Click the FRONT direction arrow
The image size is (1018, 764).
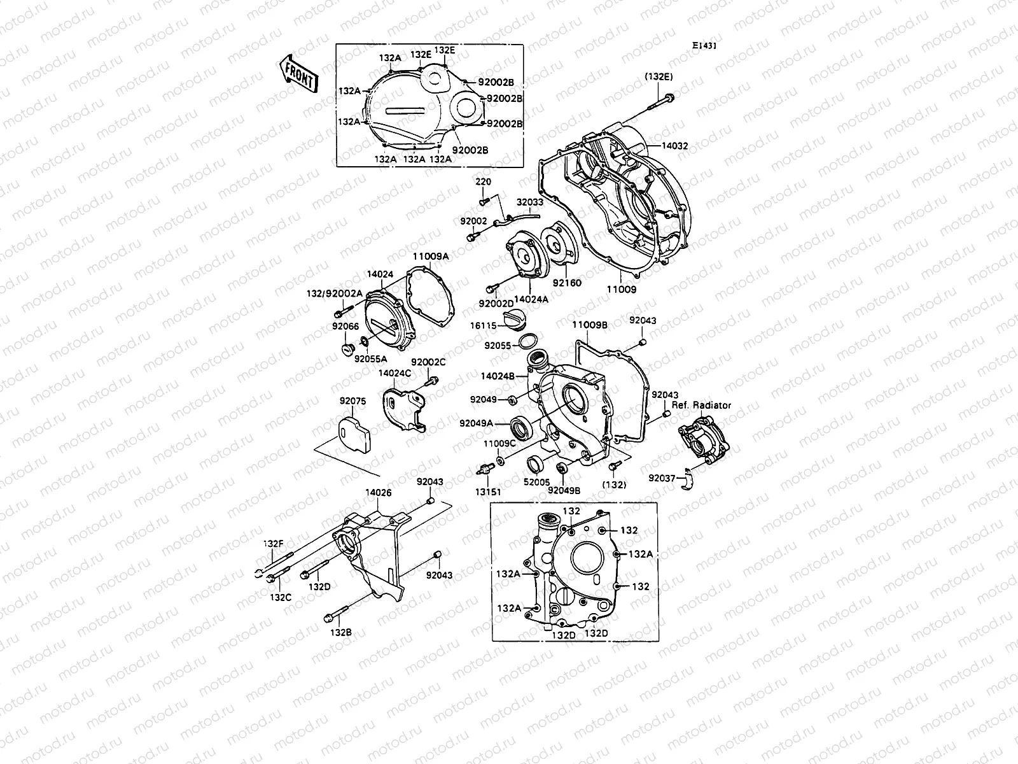[x=297, y=73]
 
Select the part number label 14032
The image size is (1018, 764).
[x=674, y=146]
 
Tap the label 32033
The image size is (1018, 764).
[x=529, y=202]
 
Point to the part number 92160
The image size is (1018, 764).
[x=567, y=283]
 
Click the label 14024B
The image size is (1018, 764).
[x=498, y=376]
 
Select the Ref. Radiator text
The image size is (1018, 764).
[x=701, y=405]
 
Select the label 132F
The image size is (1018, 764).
[x=273, y=543]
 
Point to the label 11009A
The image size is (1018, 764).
[x=430, y=257]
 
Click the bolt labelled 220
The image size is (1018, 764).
[x=483, y=201]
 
